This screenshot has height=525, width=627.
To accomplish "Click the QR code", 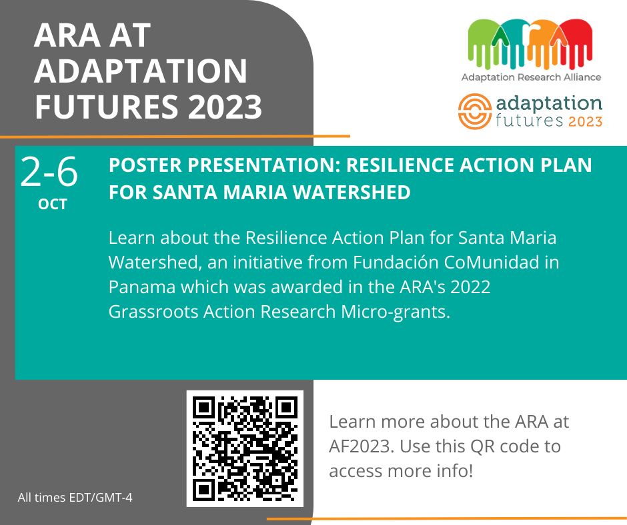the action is click(x=245, y=448).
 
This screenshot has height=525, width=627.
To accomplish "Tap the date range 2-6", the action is click(x=49, y=172).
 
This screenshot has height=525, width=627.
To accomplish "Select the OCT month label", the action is click(x=53, y=204).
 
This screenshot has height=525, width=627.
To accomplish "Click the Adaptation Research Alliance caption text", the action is click(x=532, y=77).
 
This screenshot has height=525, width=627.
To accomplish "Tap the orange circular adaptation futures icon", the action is click(x=475, y=111).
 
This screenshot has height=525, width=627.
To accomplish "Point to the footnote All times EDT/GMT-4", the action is click(x=75, y=498).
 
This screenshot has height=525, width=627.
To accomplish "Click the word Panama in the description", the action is click(x=142, y=287).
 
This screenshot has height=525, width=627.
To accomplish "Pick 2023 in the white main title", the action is click(x=225, y=107).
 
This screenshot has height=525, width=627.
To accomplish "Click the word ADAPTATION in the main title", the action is click(x=141, y=71).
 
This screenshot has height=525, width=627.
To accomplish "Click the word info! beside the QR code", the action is click(x=453, y=470).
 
